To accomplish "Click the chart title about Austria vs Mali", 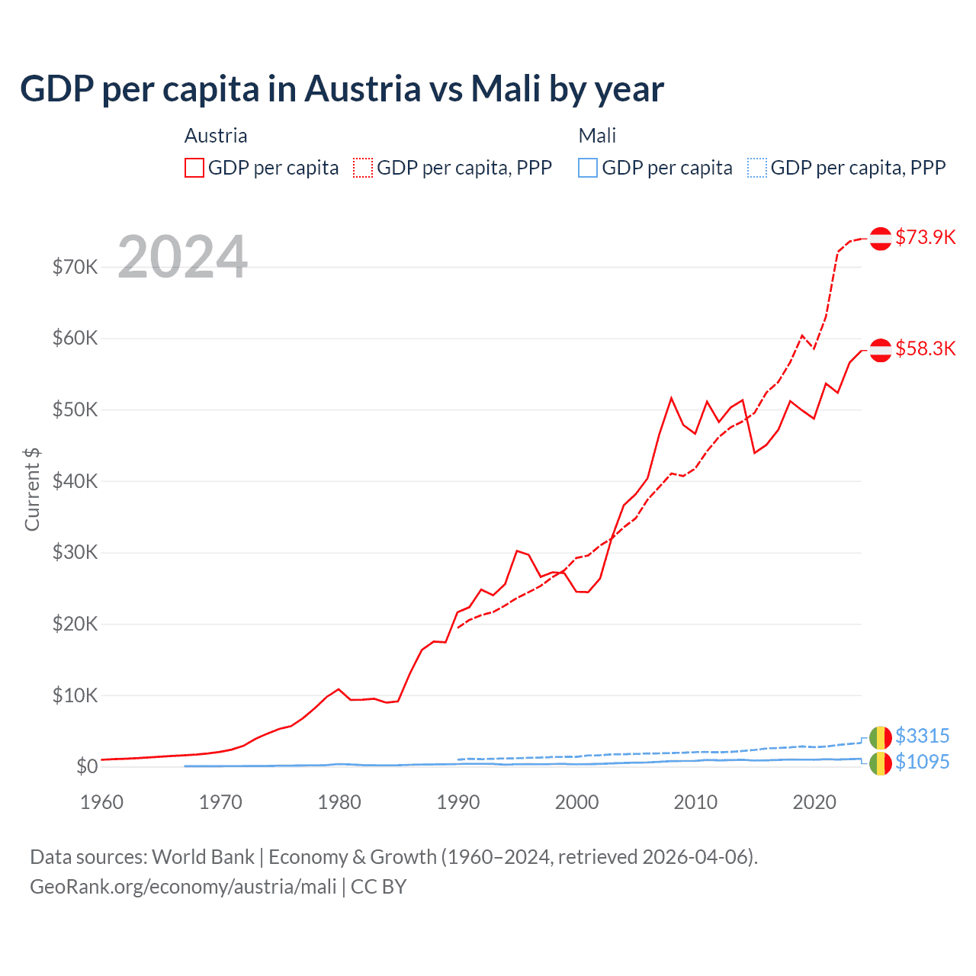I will [342, 89].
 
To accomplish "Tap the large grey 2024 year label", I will [183, 257].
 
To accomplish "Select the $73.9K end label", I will [925, 237].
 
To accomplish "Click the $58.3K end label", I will [925, 348].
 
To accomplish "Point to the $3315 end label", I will [922, 736].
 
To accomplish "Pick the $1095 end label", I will [922, 762].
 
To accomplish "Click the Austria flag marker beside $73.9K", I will [881, 239].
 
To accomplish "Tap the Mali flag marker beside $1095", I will [881, 763].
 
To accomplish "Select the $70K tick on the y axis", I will [75, 267].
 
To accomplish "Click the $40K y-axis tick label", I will [75, 481].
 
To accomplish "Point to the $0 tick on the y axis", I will [86, 766].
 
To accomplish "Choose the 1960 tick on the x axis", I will [101, 802].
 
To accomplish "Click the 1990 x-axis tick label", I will [458, 802].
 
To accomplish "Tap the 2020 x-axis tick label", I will [814, 802].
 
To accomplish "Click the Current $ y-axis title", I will [32, 490].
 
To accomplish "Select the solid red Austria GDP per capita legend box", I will [194, 168].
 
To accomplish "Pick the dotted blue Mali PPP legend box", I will [757, 168].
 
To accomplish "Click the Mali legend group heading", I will [597, 136].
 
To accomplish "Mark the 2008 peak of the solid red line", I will [672, 397].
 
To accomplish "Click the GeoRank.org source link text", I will [183, 887].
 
